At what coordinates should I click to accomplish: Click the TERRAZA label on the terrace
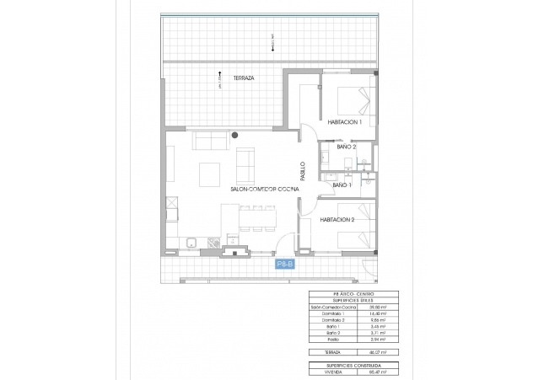244,78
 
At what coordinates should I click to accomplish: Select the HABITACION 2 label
337,220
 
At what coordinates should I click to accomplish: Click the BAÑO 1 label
342,185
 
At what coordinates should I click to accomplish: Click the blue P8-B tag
284,265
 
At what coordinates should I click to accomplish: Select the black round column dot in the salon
236,134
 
